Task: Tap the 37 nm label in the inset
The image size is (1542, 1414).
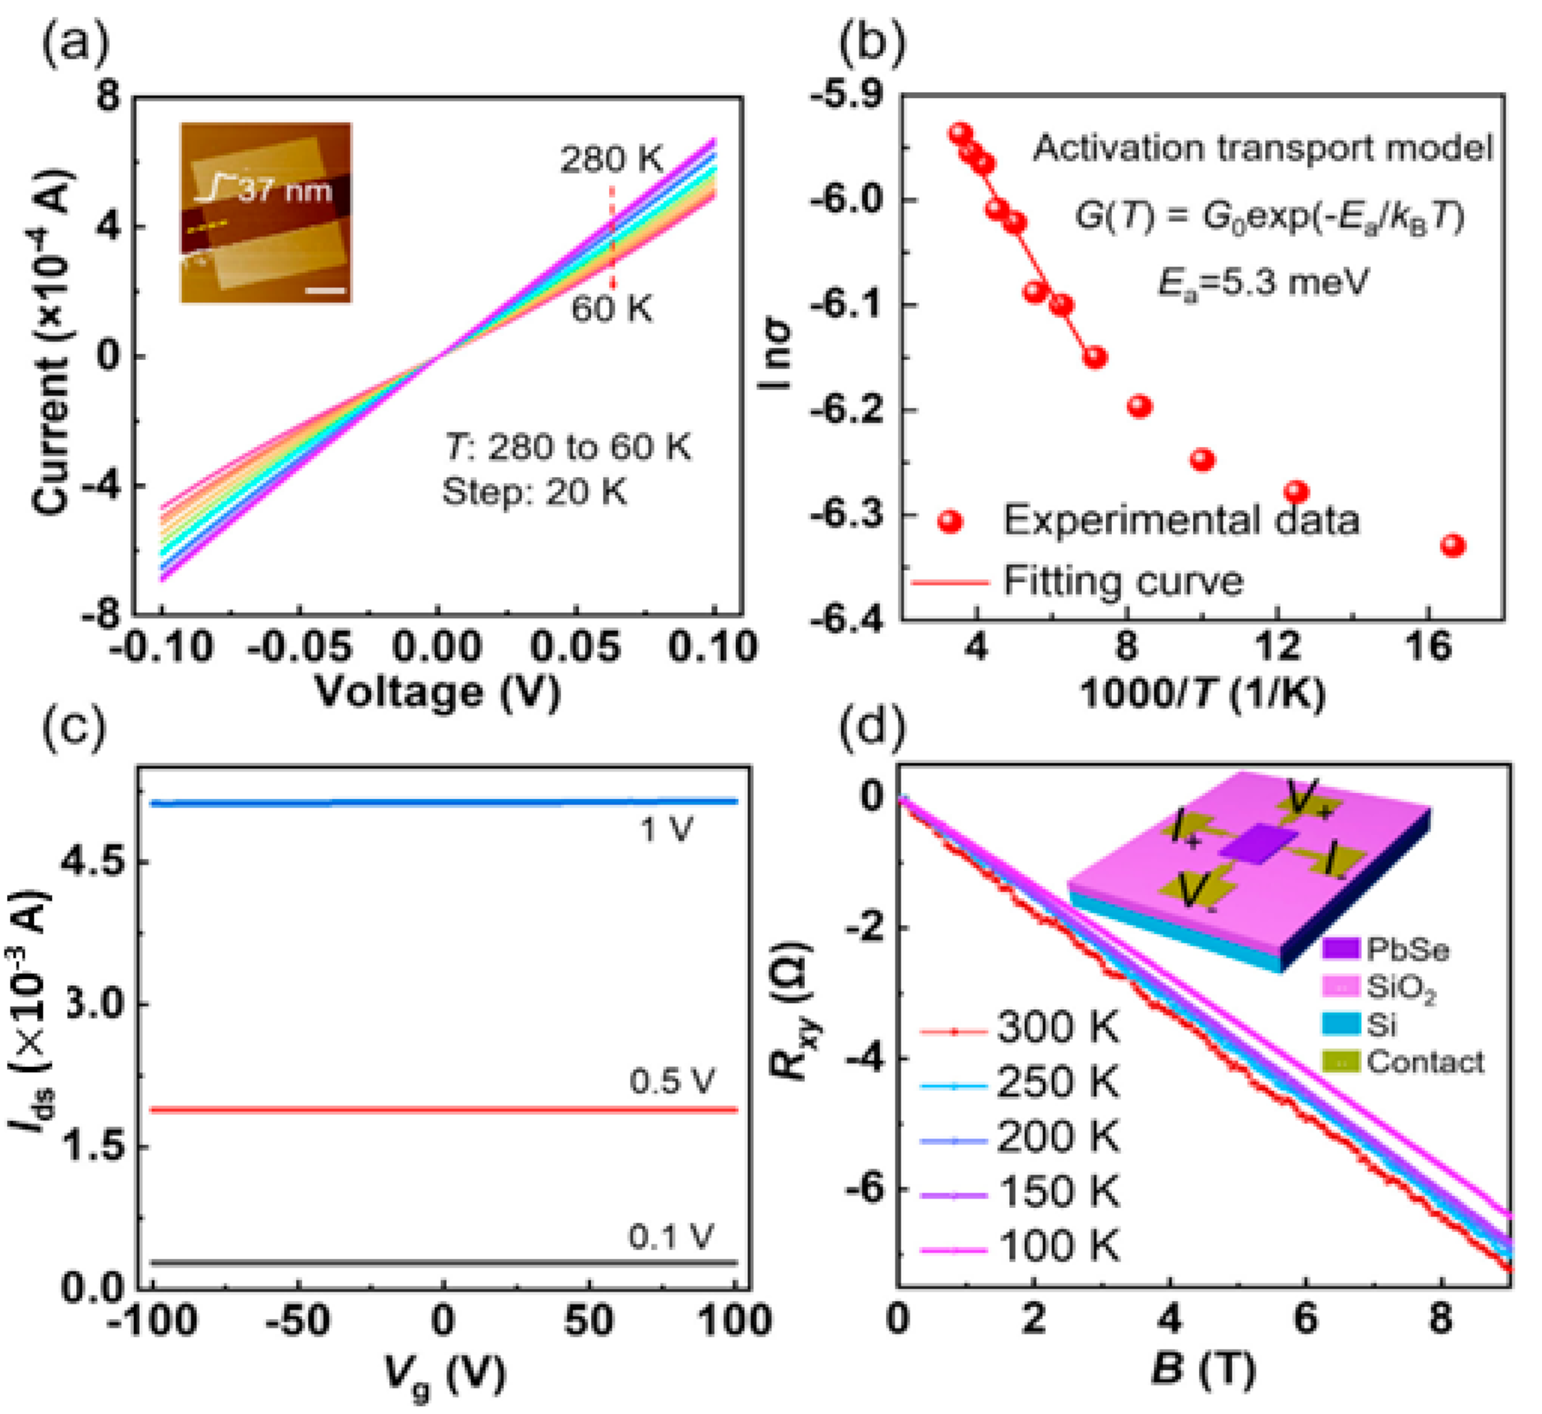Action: point(285,190)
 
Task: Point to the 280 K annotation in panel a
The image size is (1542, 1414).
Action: point(611,160)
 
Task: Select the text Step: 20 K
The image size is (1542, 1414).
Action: point(534,491)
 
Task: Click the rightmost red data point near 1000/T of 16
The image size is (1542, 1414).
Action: point(1452,546)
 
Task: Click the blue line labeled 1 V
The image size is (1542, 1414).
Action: point(444,803)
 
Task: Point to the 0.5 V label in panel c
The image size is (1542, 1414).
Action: point(671,1081)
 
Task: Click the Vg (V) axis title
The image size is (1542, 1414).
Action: point(444,1373)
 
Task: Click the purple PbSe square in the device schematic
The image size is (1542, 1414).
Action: point(1257,845)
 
